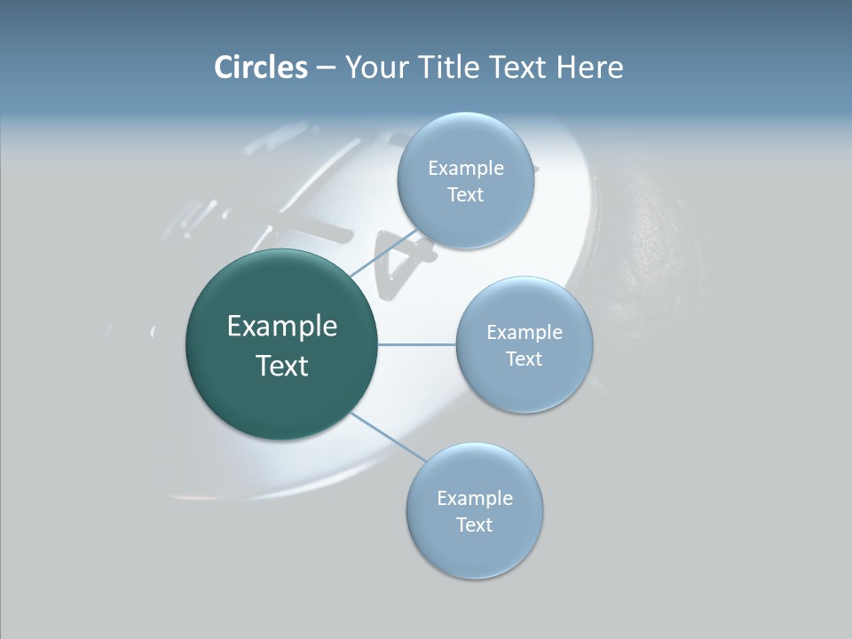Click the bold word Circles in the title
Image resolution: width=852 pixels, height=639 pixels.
(x=260, y=67)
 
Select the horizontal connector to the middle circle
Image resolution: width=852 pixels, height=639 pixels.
(x=417, y=344)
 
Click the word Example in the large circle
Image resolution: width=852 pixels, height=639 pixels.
(x=282, y=327)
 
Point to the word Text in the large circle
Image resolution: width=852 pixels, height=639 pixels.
(x=282, y=366)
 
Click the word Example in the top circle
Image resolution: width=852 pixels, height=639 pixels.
(x=466, y=168)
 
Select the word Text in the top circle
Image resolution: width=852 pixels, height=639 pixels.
(x=465, y=195)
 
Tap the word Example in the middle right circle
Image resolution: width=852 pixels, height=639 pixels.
(x=525, y=332)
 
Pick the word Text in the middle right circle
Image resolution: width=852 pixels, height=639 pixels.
(x=524, y=359)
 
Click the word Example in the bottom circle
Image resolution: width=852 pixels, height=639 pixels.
(x=475, y=498)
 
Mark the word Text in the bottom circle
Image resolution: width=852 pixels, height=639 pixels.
(x=474, y=525)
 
